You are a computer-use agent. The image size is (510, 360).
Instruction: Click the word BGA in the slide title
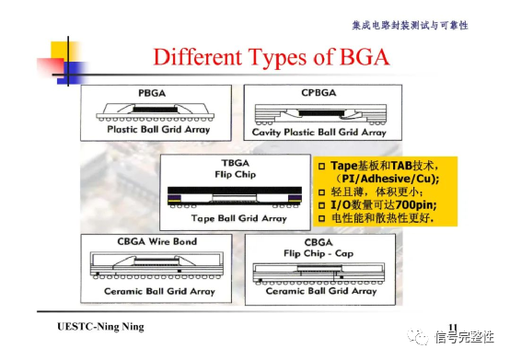coord(360,56)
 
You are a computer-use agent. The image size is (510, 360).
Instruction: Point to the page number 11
coord(451,326)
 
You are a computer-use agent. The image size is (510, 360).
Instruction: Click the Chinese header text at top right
coord(423,25)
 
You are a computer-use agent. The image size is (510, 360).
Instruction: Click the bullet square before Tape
coord(322,165)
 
